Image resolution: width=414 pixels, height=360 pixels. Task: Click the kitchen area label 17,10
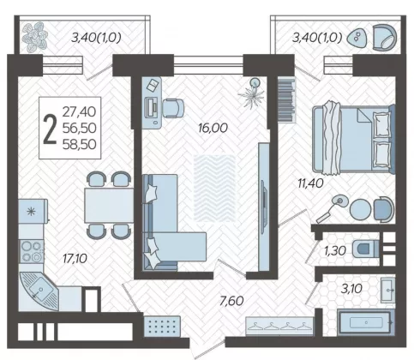[x=75, y=259]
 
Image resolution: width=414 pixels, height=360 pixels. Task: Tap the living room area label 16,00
[x=213, y=128]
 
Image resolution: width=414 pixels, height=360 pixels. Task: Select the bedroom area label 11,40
[x=310, y=183]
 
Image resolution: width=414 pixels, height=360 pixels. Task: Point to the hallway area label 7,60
[x=231, y=301]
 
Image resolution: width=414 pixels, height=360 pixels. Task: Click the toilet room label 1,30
[x=335, y=250]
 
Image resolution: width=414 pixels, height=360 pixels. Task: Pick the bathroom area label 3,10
[x=351, y=289]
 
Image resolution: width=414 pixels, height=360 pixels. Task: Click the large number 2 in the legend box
[x=50, y=129]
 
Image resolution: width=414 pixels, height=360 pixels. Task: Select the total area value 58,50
[x=80, y=144]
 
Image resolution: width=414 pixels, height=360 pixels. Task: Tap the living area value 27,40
[x=80, y=111]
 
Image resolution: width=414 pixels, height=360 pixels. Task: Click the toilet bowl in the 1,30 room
[x=365, y=249]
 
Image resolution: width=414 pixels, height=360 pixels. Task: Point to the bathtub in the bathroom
[x=366, y=322]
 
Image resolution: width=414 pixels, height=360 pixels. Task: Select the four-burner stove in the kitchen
[x=32, y=251]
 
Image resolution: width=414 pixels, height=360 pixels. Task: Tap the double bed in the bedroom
[x=353, y=139]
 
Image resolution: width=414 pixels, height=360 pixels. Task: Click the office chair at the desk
[x=173, y=108]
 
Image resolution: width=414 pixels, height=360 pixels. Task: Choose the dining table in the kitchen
[x=109, y=206]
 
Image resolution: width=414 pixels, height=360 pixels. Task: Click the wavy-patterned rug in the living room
[x=215, y=188]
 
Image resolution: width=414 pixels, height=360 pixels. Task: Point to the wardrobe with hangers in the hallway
[x=279, y=326]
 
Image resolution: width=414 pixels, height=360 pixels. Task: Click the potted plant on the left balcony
[x=35, y=37]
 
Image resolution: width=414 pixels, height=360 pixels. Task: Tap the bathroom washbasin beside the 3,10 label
[x=388, y=290]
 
